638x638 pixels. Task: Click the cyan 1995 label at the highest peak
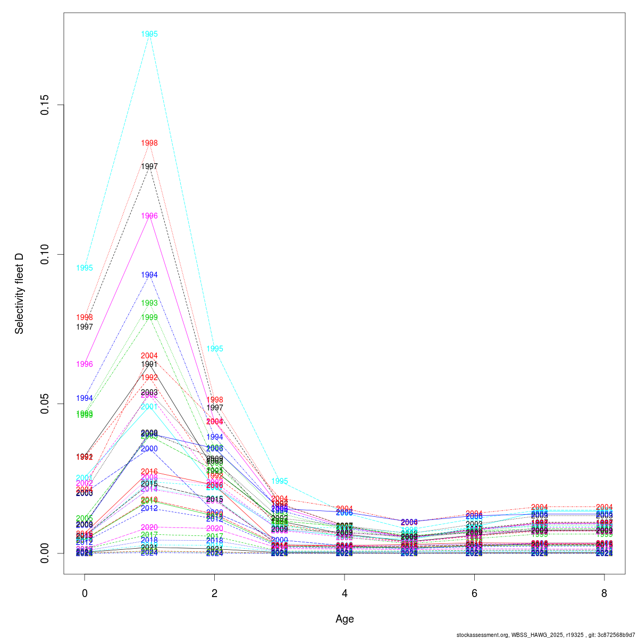pos(149,34)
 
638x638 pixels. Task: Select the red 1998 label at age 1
pos(149,143)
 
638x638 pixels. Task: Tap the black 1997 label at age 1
pos(149,166)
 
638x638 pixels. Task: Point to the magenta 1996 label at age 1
pos(149,216)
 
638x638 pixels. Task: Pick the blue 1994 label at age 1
pos(149,275)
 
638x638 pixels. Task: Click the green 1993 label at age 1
pos(149,303)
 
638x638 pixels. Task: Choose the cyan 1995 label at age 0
pos(85,268)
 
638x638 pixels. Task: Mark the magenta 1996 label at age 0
pos(85,364)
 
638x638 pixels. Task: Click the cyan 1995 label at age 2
pos(215,349)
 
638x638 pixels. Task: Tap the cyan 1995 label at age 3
pos(280,481)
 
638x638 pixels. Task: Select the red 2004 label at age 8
pos(605,507)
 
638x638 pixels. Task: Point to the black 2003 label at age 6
pos(474,524)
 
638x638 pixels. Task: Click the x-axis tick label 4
pos(345,593)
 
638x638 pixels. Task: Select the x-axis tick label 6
pos(474,593)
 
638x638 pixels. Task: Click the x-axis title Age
pos(345,619)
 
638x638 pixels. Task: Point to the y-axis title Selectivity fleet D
pos(20,293)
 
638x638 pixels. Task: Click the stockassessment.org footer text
pos(545,634)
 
